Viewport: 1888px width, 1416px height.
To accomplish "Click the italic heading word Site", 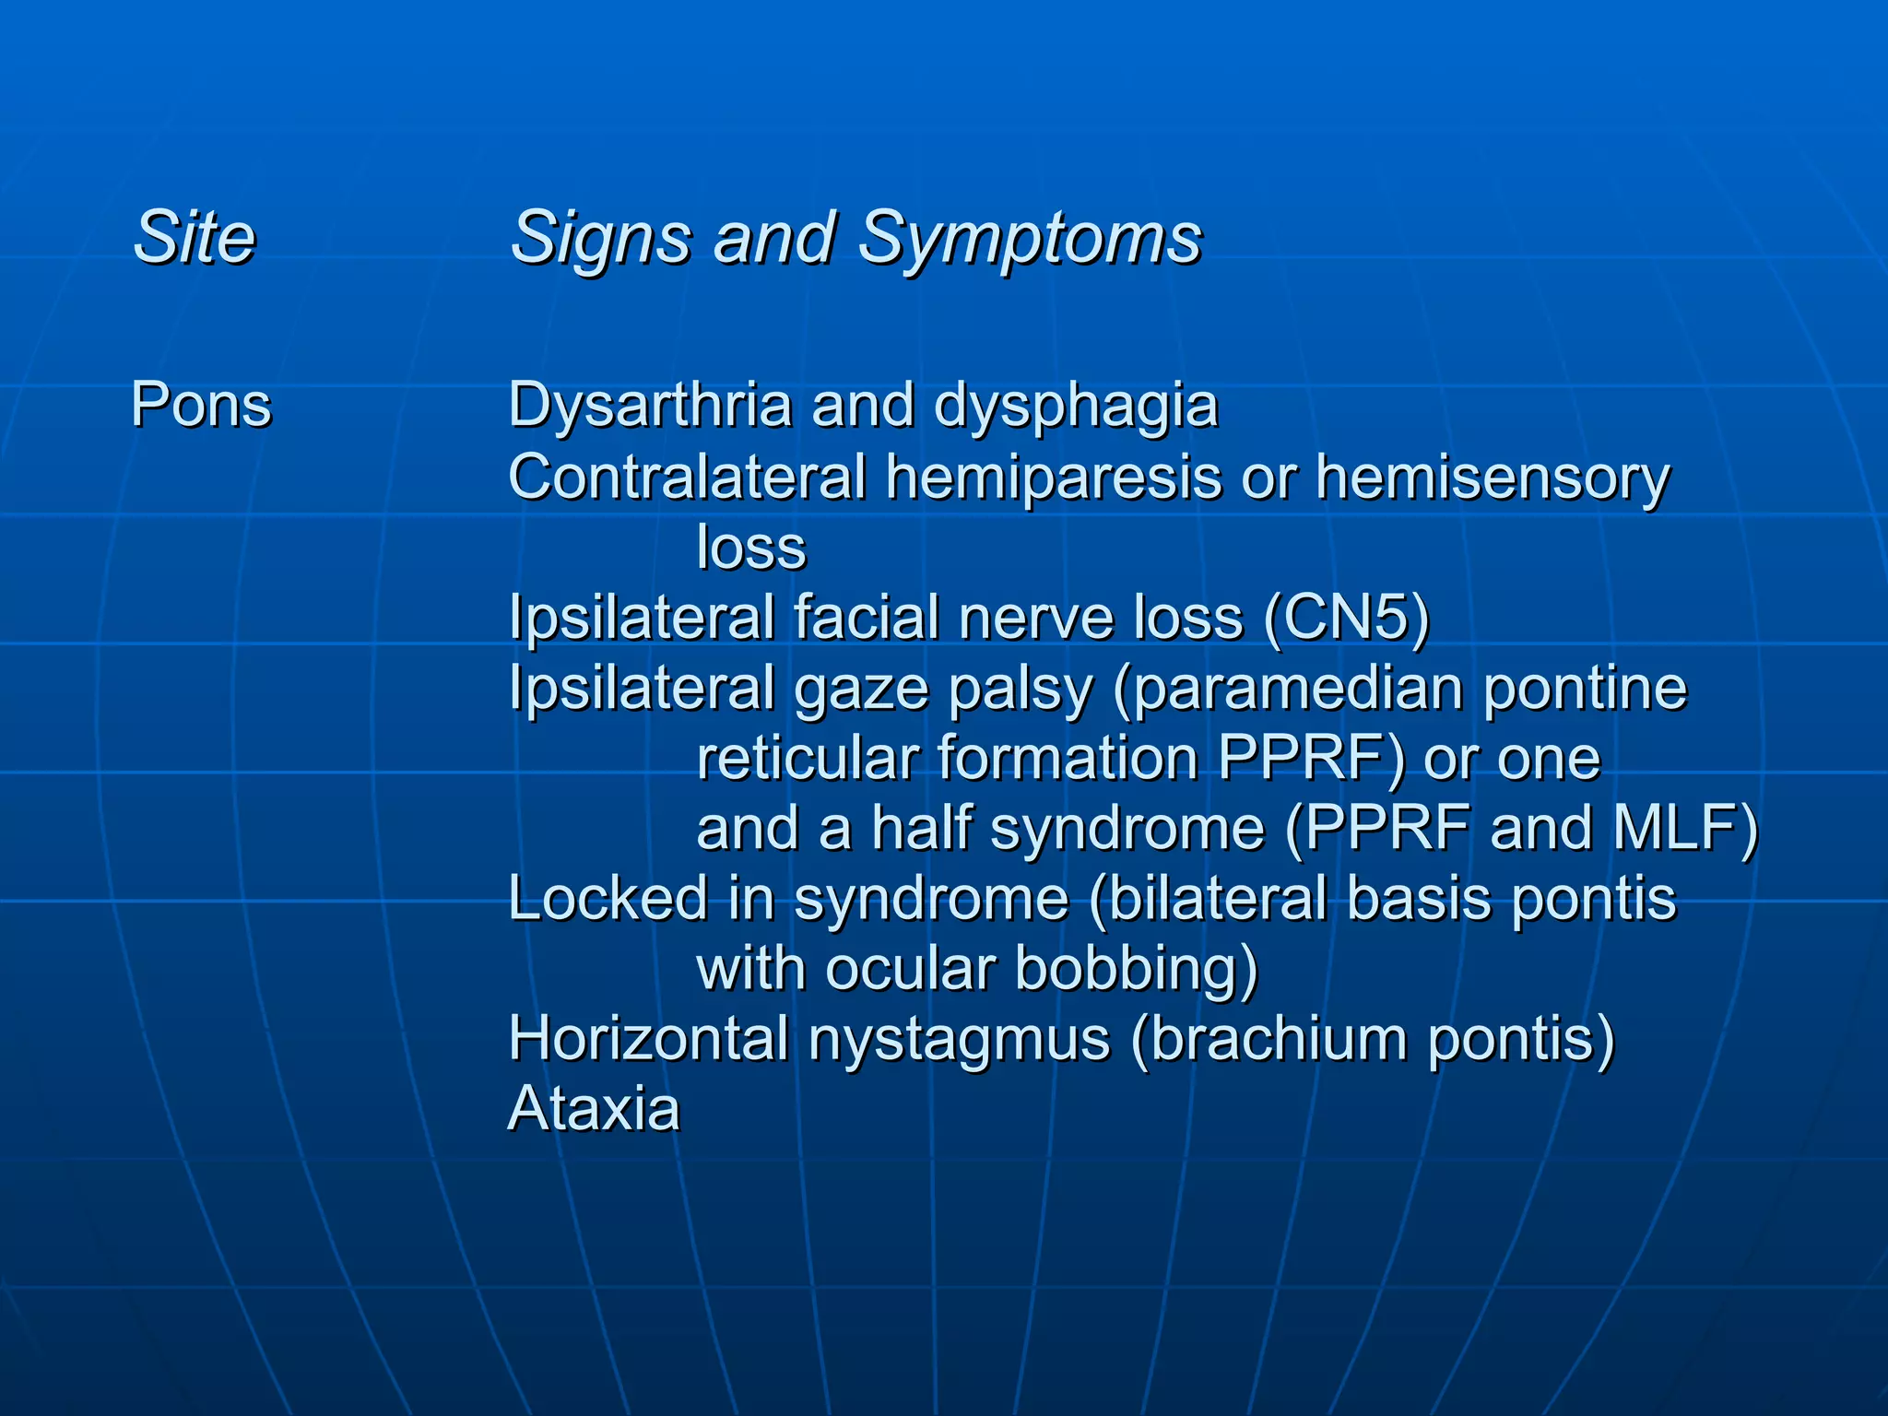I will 194,238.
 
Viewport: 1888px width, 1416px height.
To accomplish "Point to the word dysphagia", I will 1076,407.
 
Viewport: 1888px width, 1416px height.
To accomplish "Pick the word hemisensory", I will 1493,478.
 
